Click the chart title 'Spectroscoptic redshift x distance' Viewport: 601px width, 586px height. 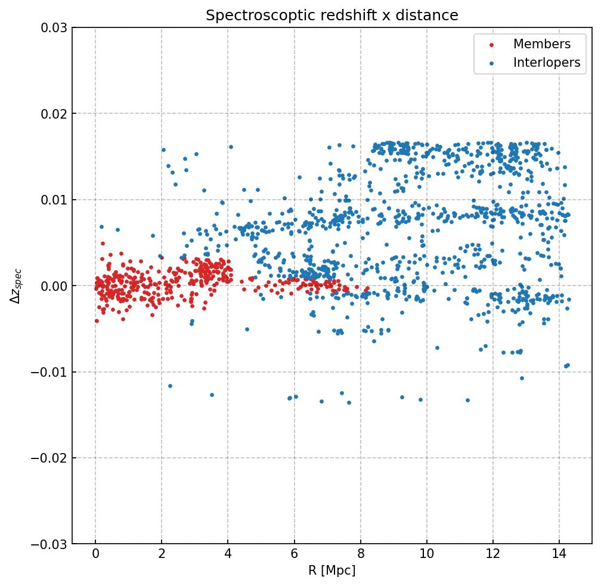coord(332,15)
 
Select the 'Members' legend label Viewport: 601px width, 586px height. coord(542,44)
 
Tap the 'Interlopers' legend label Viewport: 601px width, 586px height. coord(547,63)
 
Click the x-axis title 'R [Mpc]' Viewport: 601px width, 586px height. coord(332,571)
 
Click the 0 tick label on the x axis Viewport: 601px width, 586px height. coord(95,556)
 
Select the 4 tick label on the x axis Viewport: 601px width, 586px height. coord(228,556)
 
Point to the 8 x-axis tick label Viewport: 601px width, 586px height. coord(360,556)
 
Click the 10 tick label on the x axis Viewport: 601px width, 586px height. coord(426,556)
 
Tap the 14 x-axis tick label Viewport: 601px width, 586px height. coord(559,556)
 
